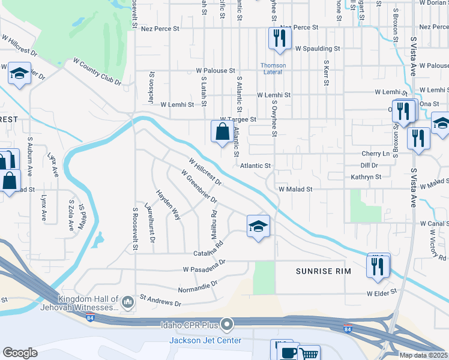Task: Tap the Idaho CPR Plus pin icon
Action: click(226, 325)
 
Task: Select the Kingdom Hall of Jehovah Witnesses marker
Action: click(127, 302)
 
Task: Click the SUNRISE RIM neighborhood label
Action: click(323, 272)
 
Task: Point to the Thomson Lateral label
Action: click(273, 69)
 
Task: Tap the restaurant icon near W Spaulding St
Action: click(280, 38)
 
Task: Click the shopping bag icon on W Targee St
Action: click(222, 132)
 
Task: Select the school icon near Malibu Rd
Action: click(258, 226)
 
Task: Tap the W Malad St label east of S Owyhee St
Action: click(295, 189)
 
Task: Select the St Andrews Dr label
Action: click(160, 300)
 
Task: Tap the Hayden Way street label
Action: click(169, 205)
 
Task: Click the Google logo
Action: click(20, 353)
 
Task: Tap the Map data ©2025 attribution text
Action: click(423, 355)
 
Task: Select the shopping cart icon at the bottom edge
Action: click(309, 354)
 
